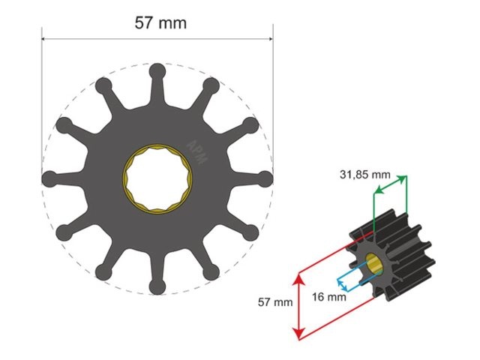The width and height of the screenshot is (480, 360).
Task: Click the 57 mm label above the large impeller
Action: click(160, 22)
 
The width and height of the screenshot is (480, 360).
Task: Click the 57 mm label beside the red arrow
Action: click(274, 303)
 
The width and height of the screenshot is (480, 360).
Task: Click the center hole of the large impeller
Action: click(157, 179)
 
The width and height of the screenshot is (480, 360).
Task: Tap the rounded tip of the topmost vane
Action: click(157, 72)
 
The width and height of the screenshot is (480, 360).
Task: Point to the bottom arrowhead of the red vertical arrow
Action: click(299, 334)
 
